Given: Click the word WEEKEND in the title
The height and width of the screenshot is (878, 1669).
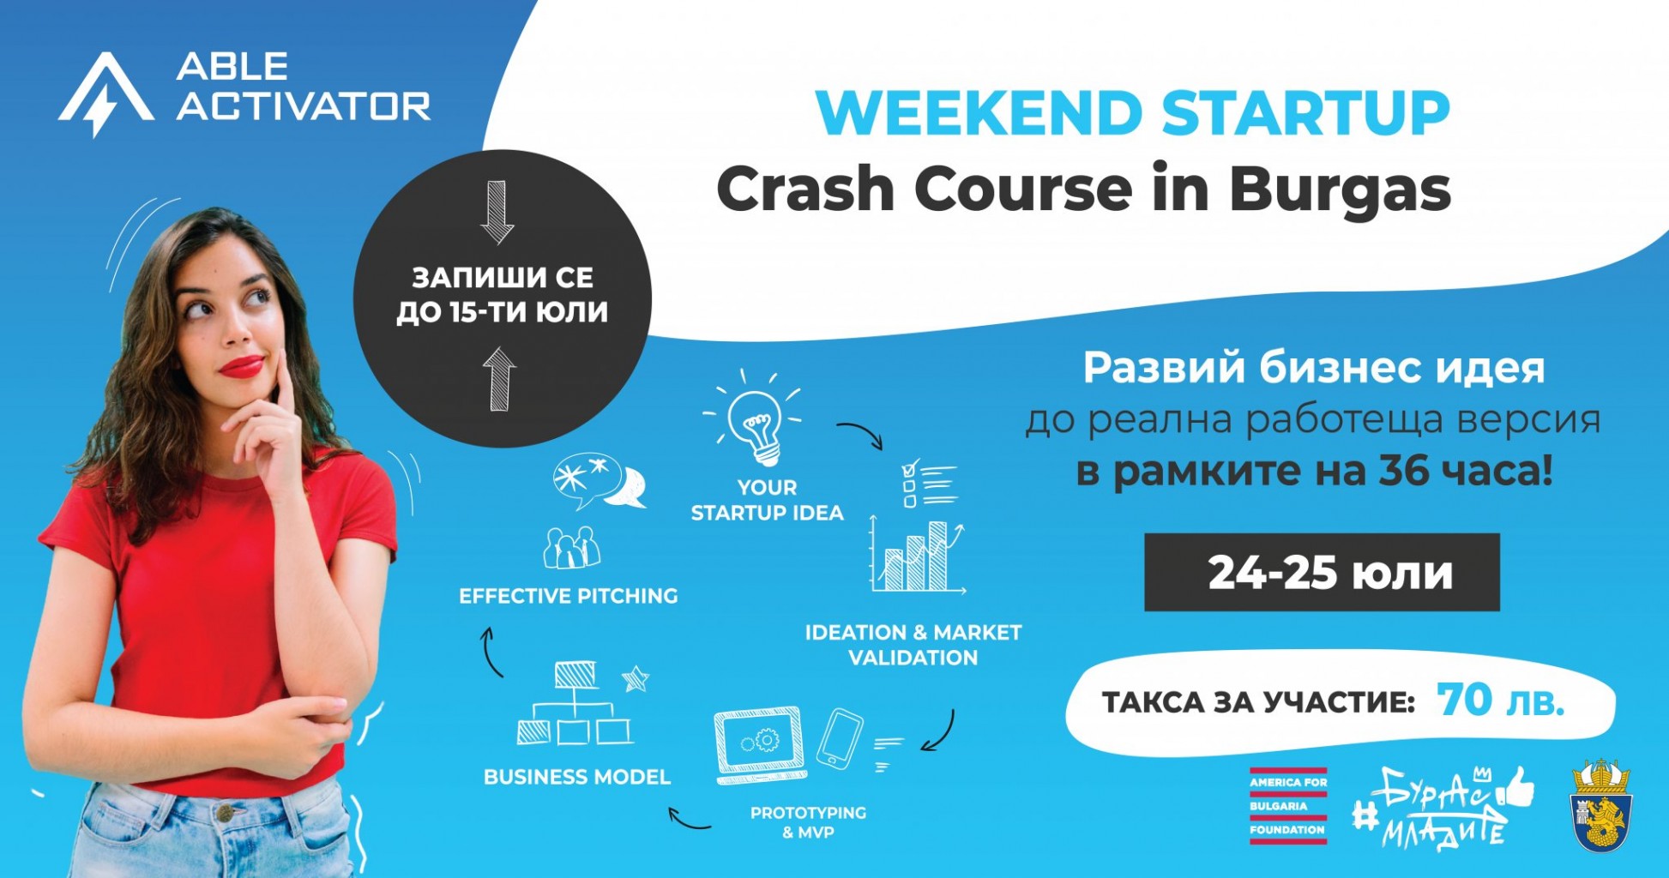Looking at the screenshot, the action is coord(979,112).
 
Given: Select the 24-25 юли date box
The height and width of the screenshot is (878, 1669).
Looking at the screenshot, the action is coord(1322,572).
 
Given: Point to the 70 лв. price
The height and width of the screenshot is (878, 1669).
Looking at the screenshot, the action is coord(1500,701).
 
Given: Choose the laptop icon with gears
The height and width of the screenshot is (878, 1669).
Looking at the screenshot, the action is coord(760,744).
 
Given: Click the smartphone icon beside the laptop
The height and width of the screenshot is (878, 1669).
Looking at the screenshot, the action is coord(840,737).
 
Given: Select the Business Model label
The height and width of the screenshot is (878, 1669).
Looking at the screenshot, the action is coord(577,777).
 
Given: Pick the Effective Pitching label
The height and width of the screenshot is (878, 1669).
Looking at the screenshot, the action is coord(569,596).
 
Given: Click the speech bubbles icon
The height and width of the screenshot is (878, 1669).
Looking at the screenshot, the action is coord(599,481).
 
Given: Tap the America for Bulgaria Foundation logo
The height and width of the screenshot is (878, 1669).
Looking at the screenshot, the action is coord(1288,806).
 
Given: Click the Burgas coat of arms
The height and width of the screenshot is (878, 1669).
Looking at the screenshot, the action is coord(1602,805).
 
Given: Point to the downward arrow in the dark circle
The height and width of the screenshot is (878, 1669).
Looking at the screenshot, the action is coord(497,212).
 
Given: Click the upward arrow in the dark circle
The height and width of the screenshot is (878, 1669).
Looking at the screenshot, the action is coord(499,378).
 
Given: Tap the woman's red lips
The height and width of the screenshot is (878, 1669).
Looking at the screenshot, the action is coord(242,367).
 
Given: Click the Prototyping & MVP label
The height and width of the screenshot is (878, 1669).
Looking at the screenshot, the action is coord(808,821).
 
